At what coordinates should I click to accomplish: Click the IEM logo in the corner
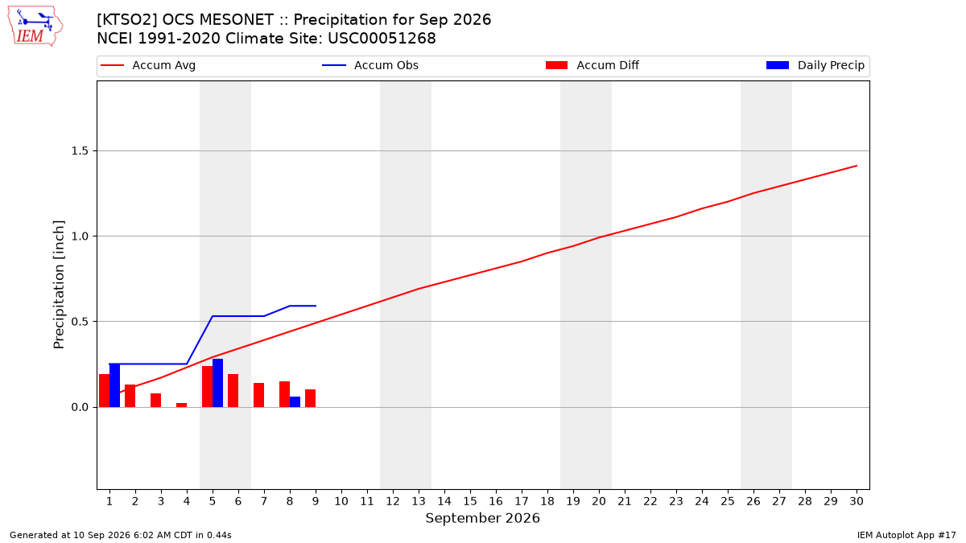(x=35, y=26)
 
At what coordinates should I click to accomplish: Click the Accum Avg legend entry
(x=148, y=65)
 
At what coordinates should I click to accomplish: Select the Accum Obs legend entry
(x=370, y=65)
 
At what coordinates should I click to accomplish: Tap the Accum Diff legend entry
(x=592, y=65)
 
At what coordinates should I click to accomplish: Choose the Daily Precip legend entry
(x=815, y=65)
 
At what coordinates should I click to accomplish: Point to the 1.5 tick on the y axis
(x=80, y=151)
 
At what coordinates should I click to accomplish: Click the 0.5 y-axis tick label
(x=80, y=322)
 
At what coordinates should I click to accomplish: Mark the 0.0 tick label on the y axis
(x=80, y=407)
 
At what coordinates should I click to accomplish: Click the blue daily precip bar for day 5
(x=218, y=383)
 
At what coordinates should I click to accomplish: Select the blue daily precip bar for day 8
(x=295, y=402)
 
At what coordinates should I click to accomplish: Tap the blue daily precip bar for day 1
(x=114, y=385)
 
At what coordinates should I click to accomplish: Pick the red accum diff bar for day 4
(x=182, y=405)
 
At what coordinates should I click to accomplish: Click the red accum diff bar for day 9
(x=311, y=399)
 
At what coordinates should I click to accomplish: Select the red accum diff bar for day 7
(x=258, y=395)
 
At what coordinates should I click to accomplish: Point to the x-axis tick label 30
(x=857, y=501)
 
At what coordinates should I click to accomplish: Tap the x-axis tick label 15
(x=470, y=501)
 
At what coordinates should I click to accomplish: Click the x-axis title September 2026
(x=482, y=518)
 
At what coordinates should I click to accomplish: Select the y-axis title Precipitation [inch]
(x=59, y=285)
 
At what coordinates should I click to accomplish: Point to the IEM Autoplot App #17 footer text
(x=906, y=535)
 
